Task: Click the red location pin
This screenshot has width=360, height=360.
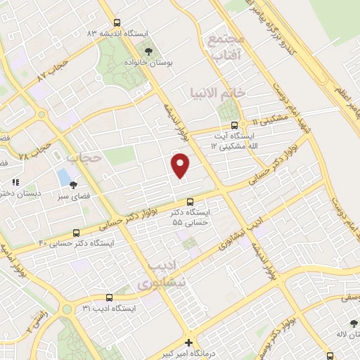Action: tap(181, 165)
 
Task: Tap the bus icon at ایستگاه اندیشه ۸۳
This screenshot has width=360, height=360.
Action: tap(117, 23)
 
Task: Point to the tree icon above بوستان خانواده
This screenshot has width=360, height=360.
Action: tap(148, 51)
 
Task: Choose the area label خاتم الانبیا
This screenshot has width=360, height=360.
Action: tap(218, 92)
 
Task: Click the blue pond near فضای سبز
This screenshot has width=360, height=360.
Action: tap(65, 176)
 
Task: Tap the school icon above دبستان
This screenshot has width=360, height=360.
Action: tap(15, 182)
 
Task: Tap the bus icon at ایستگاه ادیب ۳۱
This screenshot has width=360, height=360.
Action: tap(109, 297)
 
